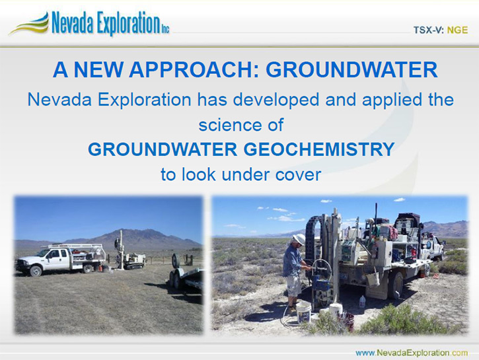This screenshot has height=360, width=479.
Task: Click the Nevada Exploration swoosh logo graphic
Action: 29,24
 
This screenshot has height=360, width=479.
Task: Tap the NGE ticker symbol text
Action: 457,30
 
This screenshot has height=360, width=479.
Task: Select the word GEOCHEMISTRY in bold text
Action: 319,149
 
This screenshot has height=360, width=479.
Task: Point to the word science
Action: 231,125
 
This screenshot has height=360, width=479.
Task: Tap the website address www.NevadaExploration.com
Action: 412,353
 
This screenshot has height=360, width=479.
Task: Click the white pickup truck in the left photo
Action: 61,259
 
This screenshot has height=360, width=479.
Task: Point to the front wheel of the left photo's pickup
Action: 36,271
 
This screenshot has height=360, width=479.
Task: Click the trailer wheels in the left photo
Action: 174,279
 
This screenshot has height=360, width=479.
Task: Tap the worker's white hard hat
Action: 299,239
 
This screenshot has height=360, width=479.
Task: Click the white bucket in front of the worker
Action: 303,312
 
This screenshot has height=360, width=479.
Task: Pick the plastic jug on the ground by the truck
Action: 362,301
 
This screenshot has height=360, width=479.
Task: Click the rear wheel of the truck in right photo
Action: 395,285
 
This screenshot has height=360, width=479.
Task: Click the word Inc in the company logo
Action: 165,29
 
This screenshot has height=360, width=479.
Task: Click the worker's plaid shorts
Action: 293,285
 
